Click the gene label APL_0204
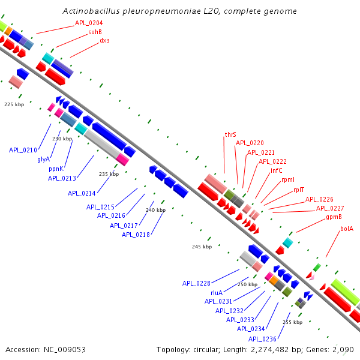pyautogui.click(x=88, y=23)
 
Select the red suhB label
pyautogui.click(x=95, y=32)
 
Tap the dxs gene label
pyautogui.click(x=104, y=40)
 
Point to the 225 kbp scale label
pyautogui.click(x=14, y=104)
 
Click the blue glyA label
pyautogui.click(x=43, y=159)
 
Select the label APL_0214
pyautogui.click(x=82, y=193)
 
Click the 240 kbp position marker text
pyautogui.click(x=155, y=210)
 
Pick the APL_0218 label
pyautogui.click(x=136, y=235)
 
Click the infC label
pyautogui.click(x=276, y=170)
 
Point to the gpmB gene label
pyautogui.click(x=334, y=217)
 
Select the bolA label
pyautogui.click(x=347, y=229)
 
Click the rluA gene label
pyautogui.click(x=217, y=292)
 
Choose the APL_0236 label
pyautogui.click(x=262, y=338)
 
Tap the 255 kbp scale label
pyautogui.click(x=292, y=322)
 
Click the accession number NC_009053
pyautogui.click(x=46, y=349)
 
